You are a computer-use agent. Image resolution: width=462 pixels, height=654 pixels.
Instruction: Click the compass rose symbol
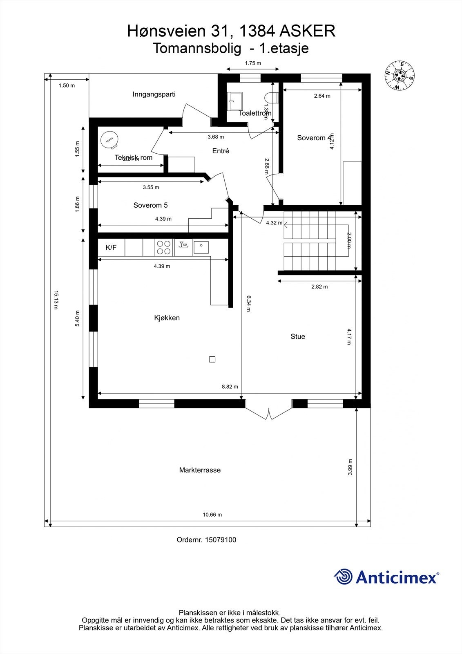click(399, 75)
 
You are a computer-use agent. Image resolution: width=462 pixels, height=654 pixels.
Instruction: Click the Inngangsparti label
click(154, 94)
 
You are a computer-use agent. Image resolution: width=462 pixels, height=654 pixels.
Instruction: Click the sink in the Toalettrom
click(235, 101)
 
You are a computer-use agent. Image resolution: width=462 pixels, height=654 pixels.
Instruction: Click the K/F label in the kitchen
click(111, 247)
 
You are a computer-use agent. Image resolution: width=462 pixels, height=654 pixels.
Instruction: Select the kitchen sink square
click(201, 247)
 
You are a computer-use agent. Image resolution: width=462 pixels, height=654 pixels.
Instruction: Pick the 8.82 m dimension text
click(230, 387)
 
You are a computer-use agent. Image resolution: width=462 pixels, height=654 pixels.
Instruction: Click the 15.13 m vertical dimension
click(56, 300)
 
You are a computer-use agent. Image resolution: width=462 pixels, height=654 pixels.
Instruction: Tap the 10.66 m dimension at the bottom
click(212, 515)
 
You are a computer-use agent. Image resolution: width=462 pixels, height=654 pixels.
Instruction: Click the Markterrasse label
click(200, 470)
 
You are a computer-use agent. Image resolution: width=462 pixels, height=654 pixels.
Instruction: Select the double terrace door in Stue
click(269, 412)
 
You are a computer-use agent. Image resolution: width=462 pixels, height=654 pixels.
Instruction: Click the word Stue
click(298, 336)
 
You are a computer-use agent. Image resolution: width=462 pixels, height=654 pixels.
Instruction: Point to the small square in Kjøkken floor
click(212, 360)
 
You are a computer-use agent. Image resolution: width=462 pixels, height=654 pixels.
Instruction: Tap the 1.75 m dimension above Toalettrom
click(253, 63)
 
